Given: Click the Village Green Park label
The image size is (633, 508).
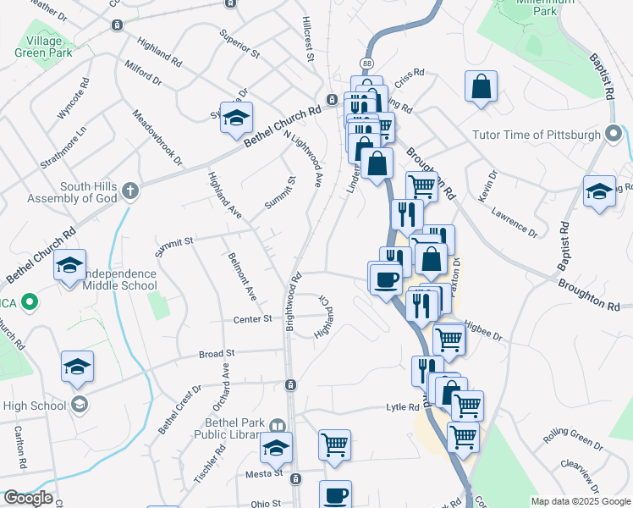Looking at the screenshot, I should tap(38, 47).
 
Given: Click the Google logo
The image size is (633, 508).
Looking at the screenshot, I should tap(27, 498).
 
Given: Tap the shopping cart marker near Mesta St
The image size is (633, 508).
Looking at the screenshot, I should tap(335, 444).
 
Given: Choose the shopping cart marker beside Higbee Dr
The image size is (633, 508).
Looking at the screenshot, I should tap(449, 339).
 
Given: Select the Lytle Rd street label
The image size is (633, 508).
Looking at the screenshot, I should tap(403, 406).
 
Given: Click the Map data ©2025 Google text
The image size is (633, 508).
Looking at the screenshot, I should tap(580, 501).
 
